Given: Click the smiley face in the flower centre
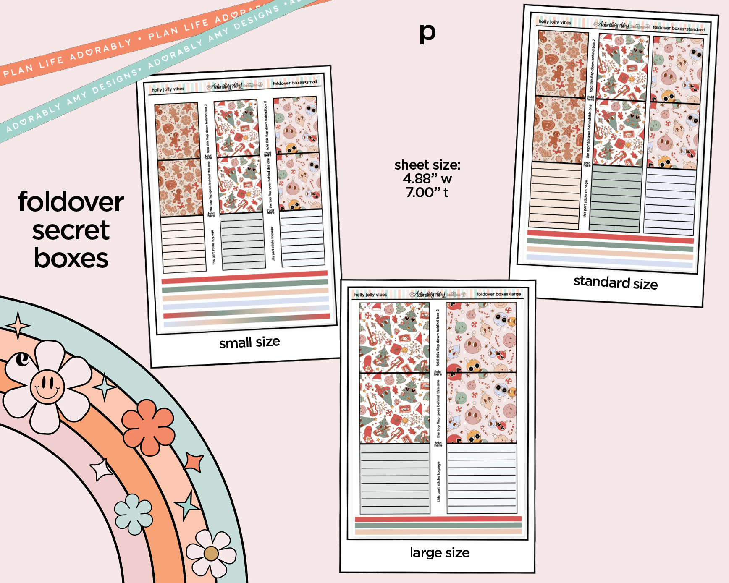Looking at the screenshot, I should click(x=47, y=387).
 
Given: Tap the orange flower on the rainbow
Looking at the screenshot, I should click(x=148, y=426).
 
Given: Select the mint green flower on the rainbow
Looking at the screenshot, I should click(x=134, y=514).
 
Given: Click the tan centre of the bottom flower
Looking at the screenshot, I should click(x=211, y=554).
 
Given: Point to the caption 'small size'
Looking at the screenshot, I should click(x=249, y=342).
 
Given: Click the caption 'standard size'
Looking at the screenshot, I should click(x=615, y=282).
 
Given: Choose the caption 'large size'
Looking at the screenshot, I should click(x=439, y=553).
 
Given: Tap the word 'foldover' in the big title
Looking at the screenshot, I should click(x=71, y=202).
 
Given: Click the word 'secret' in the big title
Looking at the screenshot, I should click(x=71, y=230).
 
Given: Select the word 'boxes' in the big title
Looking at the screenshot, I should click(x=71, y=258).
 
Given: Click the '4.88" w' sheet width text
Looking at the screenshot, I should click(x=427, y=179).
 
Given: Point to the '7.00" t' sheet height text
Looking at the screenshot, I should click(x=427, y=193).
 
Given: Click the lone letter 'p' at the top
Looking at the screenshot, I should click(x=427, y=33).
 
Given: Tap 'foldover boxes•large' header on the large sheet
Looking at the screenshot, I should click(x=498, y=294).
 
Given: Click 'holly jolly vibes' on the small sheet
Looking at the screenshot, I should click(x=168, y=89).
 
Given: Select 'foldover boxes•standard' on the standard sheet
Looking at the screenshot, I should click(x=679, y=29).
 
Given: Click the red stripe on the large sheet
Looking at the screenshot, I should click(x=438, y=519).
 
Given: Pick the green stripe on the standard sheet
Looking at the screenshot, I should click(x=610, y=245).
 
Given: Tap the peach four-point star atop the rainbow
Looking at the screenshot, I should click(x=18, y=325).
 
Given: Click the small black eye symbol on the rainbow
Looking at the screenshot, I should click(x=22, y=359).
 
